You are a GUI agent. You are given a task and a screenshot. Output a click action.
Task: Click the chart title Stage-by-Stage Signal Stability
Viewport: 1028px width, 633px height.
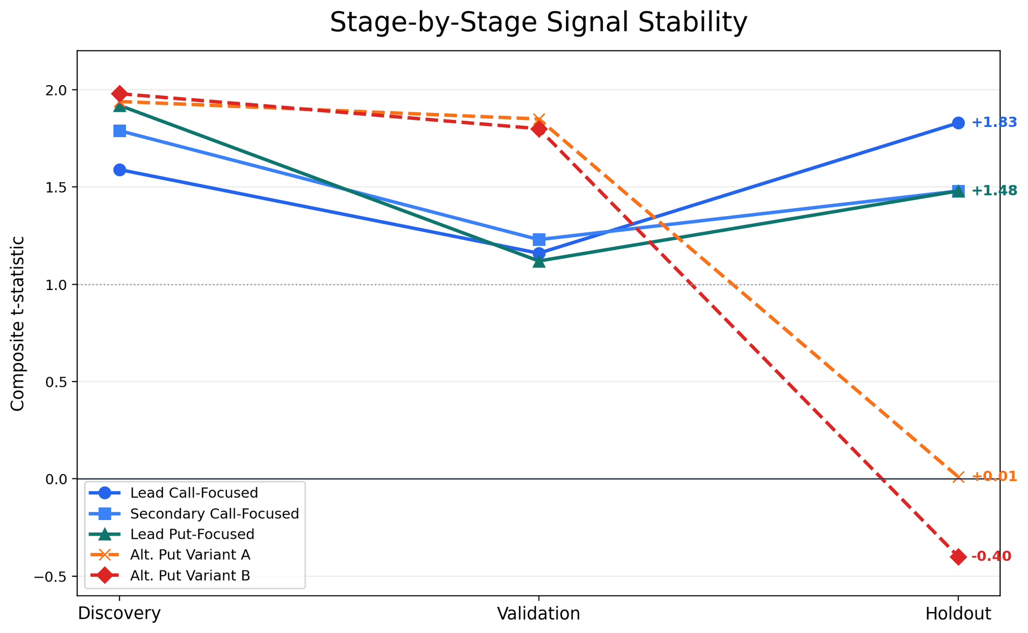(538, 23)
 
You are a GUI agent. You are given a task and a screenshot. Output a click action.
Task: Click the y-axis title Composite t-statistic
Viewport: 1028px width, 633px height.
(18, 324)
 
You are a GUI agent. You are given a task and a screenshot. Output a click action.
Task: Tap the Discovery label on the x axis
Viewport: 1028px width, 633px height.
(119, 614)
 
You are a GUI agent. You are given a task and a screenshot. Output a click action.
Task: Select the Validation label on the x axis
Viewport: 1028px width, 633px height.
(539, 614)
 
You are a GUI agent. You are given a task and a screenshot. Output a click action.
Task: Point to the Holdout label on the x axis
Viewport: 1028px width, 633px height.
(958, 614)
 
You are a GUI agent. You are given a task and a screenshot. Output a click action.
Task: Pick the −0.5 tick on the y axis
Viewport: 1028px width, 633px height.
(56, 576)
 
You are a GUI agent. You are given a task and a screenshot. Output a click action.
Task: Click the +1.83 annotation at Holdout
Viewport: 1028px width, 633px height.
(994, 123)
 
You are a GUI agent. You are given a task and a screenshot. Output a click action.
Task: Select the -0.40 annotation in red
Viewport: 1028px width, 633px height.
(991, 556)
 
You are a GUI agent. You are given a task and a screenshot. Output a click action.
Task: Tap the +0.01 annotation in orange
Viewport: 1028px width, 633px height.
(994, 476)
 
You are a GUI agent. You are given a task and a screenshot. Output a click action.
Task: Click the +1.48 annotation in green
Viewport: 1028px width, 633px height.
(994, 190)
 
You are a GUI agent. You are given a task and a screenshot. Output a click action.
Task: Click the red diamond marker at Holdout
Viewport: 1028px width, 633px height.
(958, 556)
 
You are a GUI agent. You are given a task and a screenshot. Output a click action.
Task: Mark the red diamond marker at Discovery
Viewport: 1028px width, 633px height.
(119, 94)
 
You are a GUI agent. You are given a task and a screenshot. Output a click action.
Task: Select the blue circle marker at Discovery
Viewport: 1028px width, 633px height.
(119, 170)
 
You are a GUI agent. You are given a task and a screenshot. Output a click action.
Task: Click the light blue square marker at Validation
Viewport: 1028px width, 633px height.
(539, 239)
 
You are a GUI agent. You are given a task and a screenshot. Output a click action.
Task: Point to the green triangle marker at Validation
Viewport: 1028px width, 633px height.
(539, 262)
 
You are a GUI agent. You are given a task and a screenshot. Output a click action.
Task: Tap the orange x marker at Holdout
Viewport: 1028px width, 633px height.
(958, 477)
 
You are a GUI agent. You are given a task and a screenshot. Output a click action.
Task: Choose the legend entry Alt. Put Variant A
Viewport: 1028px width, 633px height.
(190, 555)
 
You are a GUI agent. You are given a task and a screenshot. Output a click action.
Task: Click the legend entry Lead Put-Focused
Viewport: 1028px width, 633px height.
(192, 534)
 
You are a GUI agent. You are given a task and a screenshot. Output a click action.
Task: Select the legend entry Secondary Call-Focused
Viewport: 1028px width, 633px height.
(214, 514)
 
